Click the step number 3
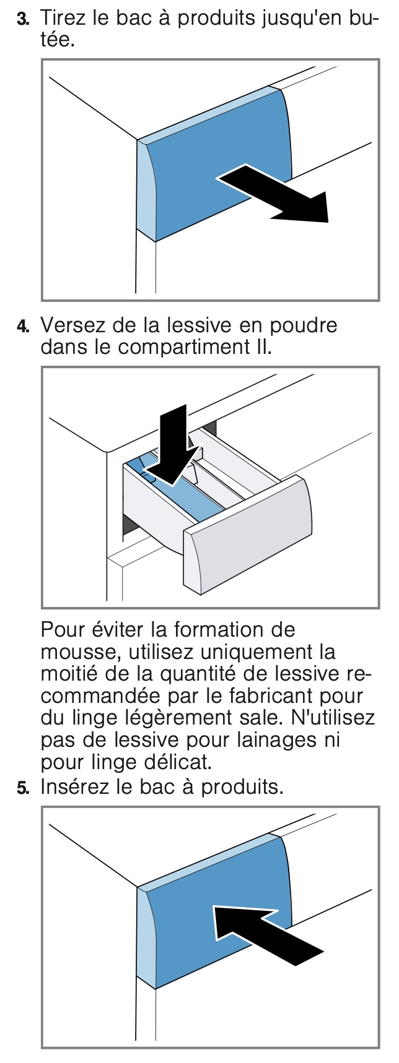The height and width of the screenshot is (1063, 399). point(22,19)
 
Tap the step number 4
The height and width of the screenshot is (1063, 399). point(22,325)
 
